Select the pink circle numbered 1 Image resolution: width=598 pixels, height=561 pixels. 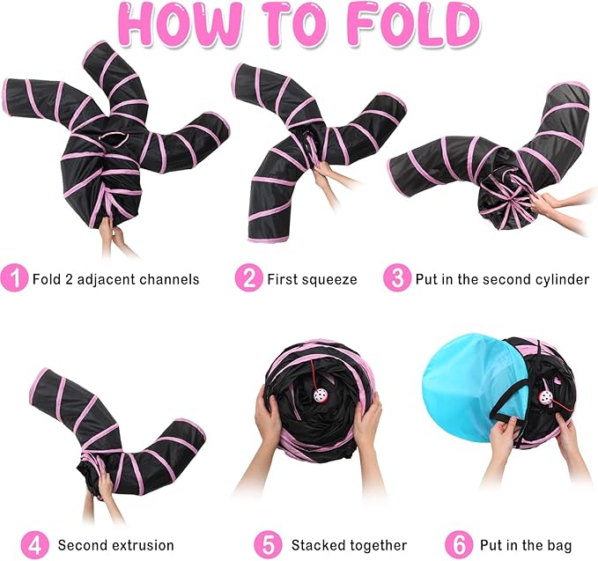pyautogui.click(x=13, y=279)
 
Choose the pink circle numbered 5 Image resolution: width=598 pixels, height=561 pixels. pyautogui.click(x=269, y=544)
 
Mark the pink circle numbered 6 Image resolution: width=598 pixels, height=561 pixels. pyautogui.click(x=458, y=544)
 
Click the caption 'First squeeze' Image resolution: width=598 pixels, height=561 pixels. pyautogui.click(x=312, y=280)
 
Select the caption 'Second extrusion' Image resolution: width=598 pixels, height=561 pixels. pyautogui.click(x=116, y=545)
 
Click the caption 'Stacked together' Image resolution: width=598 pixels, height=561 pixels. pyautogui.click(x=349, y=545)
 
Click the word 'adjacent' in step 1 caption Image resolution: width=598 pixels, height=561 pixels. pyautogui.click(x=114, y=280)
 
